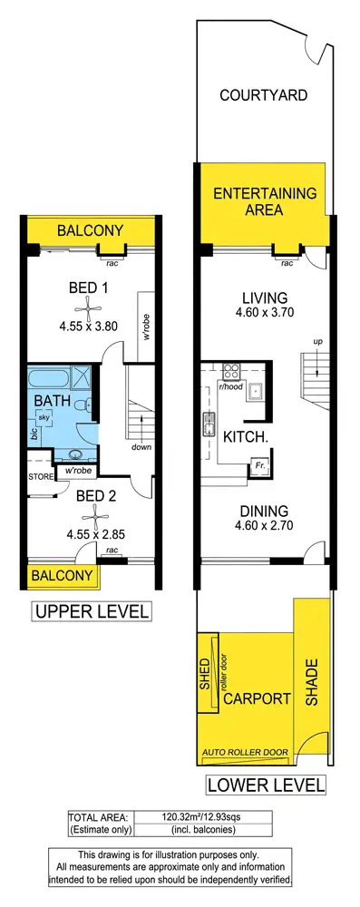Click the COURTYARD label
pyautogui.click(x=262, y=95)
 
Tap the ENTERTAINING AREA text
pyautogui.click(x=264, y=201)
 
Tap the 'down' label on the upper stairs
pyautogui.click(x=141, y=447)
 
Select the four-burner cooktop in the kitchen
pyautogui.click(x=229, y=371)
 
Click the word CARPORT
pyautogui.click(x=257, y=698)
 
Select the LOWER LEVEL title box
pyautogui.click(x=264, y=784)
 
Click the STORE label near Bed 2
pyautogui.click(x=41, y=474)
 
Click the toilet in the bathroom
pyautogui.click(x=83, y=405)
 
